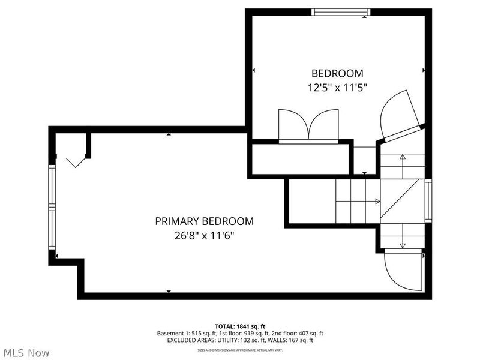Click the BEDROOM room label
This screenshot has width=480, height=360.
(x=337, y=73)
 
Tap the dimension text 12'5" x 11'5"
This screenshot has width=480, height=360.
(x=337, y=88)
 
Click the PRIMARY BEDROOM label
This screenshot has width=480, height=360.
(x=204, y=221)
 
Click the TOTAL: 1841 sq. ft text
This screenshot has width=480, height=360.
(x=240, y=326)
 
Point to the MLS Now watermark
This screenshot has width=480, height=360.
(x=26, y=353)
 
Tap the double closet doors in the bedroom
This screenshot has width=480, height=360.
(x=308, y=125)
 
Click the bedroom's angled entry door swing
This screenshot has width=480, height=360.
(x=397, y=115)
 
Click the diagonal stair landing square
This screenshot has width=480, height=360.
(x=402, y=201)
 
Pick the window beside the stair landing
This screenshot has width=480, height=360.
(x=428, y=200)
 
